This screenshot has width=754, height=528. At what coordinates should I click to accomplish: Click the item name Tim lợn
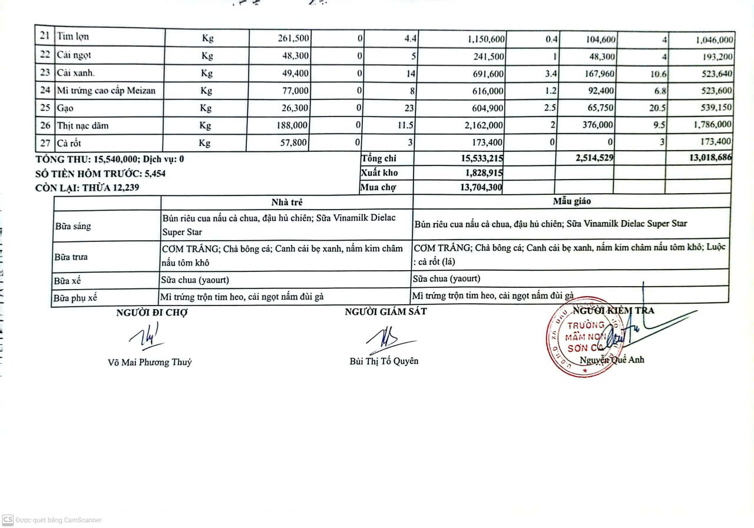[73, 36]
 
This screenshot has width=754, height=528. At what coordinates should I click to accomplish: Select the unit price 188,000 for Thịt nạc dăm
[293, 125]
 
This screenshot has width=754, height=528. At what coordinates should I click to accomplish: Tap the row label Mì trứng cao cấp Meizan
[107, 91]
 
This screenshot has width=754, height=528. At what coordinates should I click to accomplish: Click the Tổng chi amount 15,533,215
[481, 158]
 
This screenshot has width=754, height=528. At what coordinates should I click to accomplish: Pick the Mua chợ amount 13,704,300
[481, 187]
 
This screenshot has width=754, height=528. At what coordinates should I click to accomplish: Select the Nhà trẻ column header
[287, 202]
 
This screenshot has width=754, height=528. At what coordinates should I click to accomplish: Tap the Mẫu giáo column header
[571, 201]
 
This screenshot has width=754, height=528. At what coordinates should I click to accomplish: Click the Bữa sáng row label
[73, 226]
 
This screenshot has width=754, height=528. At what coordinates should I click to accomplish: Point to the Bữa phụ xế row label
[75, 298]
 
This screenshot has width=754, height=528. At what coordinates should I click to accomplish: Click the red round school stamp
[580, 337]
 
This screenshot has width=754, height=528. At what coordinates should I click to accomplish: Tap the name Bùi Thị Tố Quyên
[384, 361]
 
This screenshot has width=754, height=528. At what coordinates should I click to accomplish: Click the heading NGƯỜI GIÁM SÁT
[386, 311]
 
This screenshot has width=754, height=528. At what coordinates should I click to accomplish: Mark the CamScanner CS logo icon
[8, 520]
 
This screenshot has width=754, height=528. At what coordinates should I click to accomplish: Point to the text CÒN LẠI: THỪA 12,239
[88, 188]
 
